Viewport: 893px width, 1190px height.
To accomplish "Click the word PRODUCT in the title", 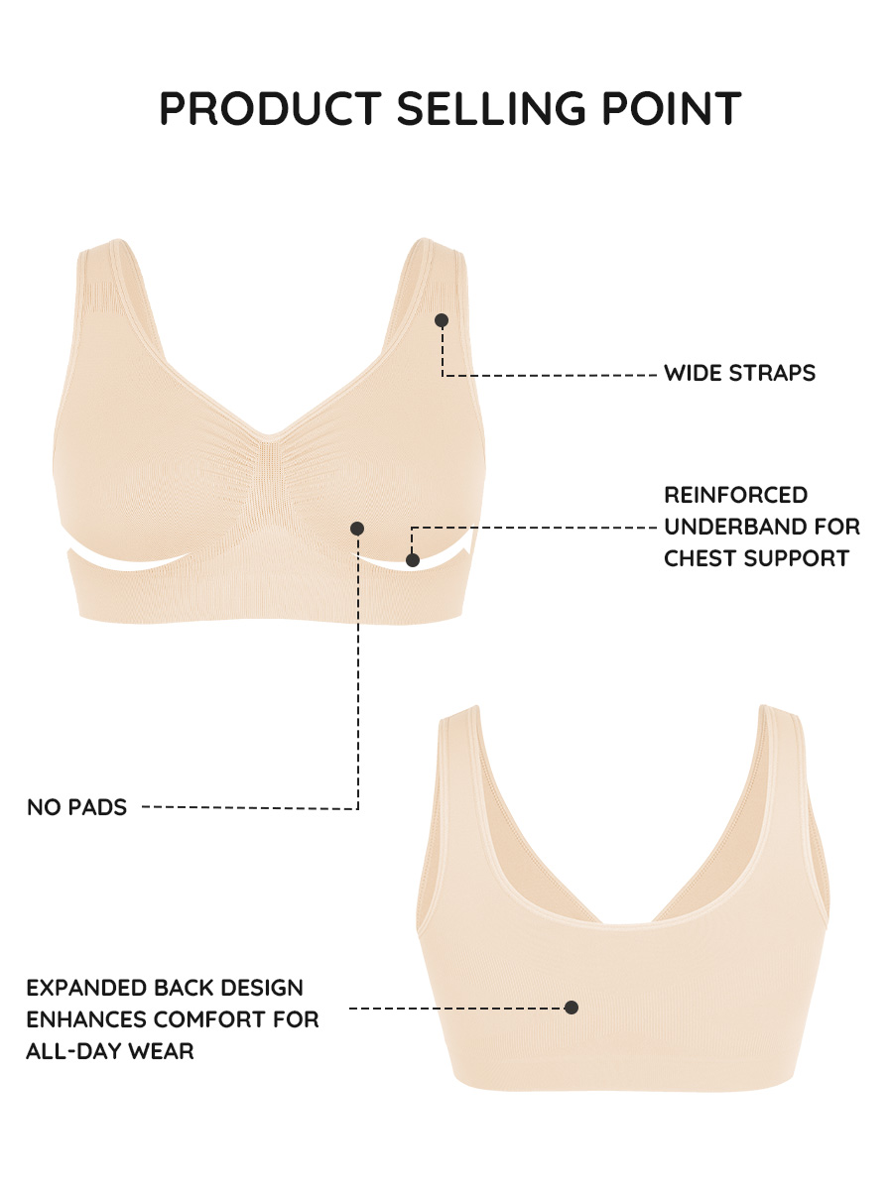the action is pos(271,108).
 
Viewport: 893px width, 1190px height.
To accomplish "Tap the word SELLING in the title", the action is pos(491,108).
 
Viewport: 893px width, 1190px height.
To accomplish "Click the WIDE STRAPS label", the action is pos(739,373).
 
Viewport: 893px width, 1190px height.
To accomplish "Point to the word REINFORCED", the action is pos(736,495).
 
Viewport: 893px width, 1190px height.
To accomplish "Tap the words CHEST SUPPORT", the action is pos(756,558).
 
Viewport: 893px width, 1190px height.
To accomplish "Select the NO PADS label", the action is pos(76,807).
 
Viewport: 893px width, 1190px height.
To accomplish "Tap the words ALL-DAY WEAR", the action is pos(110,1051).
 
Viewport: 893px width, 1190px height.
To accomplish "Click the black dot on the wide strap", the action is pos(442,320).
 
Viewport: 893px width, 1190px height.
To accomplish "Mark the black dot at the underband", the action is pos(413,560).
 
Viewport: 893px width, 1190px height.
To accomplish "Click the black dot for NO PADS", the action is pos(357,529).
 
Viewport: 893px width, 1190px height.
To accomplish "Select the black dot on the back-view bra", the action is pos(571,1008).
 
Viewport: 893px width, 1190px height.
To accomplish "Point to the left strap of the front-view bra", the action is pos(116,303).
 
